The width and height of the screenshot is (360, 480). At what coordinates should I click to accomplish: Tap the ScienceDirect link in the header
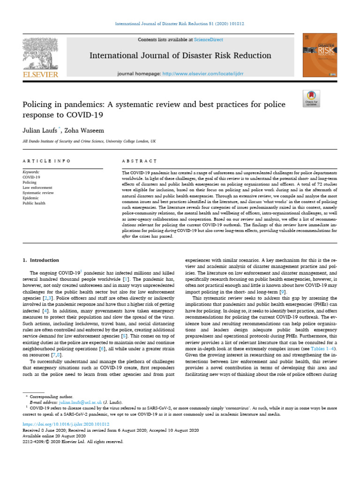(210, 40)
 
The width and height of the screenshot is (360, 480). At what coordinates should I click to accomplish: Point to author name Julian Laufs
(39, 129)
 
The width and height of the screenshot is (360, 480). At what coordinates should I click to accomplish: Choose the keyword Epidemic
(30, 198)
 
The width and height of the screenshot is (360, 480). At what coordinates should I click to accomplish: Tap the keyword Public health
(34, 203)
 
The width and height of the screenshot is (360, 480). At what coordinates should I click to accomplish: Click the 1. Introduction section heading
(41, 260)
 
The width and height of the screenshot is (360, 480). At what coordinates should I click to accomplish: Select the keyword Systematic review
(38, 193)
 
